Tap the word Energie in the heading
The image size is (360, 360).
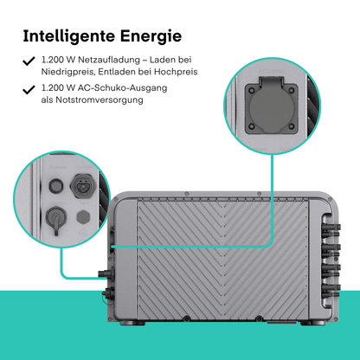pyautogui.click(x=151, y=36)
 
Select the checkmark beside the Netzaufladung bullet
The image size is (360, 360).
pyautogui.click(x=29, y=61)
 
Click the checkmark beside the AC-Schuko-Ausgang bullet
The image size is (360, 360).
pyautogui.click(x=29, y=89)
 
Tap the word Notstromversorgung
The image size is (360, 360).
pyautogui.click(x=100, y=100)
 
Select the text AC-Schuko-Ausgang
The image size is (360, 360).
pyautogui.click(x=123, y=87)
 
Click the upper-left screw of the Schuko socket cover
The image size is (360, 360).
pyautogui.click(x=252, y=91)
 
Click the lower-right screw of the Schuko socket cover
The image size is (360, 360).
pyautogui.click(x=292, y=126)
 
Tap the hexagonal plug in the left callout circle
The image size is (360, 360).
pyautogui.click(x=83, y=217)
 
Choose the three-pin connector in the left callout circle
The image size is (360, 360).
pyautogui.click(x=83, y=185)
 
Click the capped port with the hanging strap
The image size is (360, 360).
pyautogui.click(x=56, y=218)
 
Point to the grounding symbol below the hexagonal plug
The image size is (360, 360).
pyautogui.click(x=83, y=232)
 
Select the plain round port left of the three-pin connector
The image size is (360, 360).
pyautogui.click(x=55, y=185)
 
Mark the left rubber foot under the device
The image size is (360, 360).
pyautogui.click(x=128, y=322)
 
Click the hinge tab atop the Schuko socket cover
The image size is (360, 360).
pyautogui.click(x=271, y=80)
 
